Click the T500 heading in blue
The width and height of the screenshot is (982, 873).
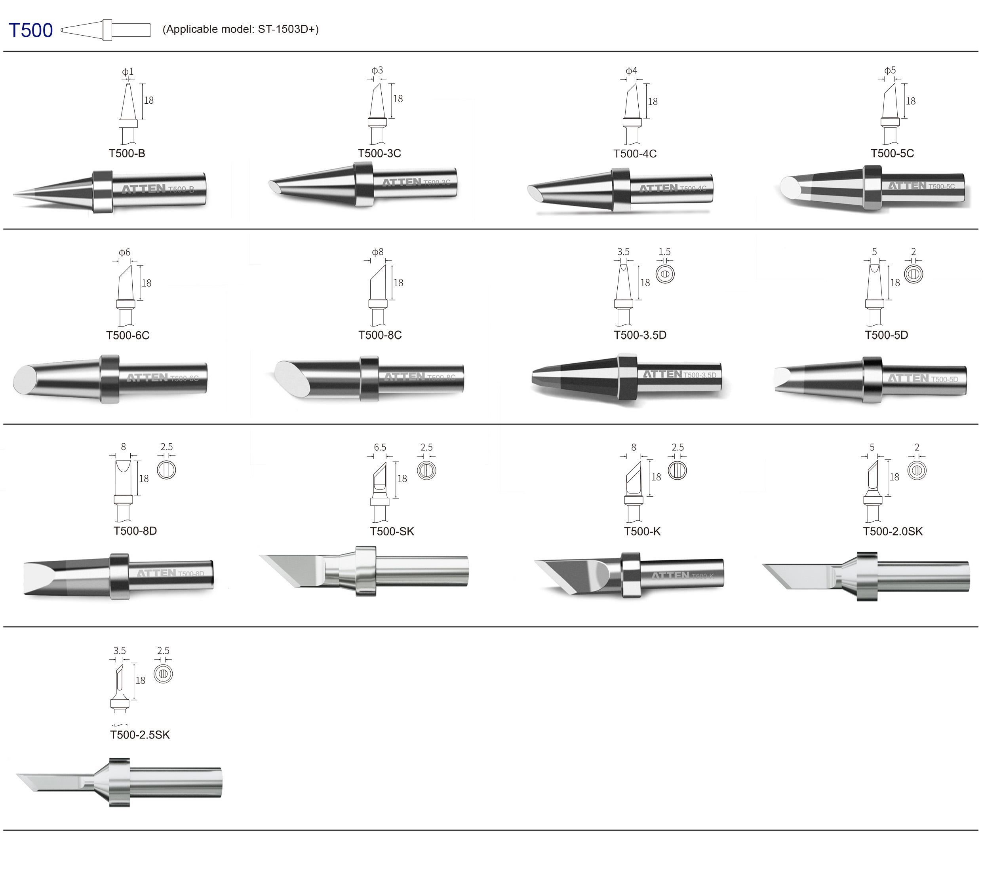pyautogui.click(x=31, y=30)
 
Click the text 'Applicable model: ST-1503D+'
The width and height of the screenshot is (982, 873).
pyautogui.click(x=240, y=29)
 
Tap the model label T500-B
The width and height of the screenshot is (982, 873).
pyautogui.click(x=127, y=153)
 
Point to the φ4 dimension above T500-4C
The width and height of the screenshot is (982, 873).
pyautogui.click(x=631, y=71)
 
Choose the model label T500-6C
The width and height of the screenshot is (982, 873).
pyautogui.click(x=128, y=335)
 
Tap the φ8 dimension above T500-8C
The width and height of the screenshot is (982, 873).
pyautogui.click(x=378, y=252)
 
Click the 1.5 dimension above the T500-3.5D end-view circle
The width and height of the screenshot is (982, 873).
pyautogui.click(x=664, y=252)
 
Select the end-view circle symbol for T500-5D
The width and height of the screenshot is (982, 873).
pyautogui.click(x=913, y=274)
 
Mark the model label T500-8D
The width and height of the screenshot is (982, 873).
pyautogui.click(x=135, y=531)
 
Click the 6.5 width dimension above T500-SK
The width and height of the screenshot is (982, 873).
pyautogui.click(x=380, y=448)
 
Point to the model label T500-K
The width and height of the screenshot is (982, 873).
pyautogui.click(x=642, y=531)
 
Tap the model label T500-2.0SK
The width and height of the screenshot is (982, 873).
pyautogui.click(x=893, y=531)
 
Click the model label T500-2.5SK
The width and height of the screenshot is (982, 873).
pyautogui.click(x=140, y=735)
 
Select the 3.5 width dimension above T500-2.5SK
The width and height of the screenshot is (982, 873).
pyautogui.click(x=120, y=651)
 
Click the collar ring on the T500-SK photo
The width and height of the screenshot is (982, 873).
pyautogui.click(x=365, y=571)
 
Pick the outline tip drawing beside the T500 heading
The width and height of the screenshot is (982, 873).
pyautogui.click(x=106, y=30)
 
